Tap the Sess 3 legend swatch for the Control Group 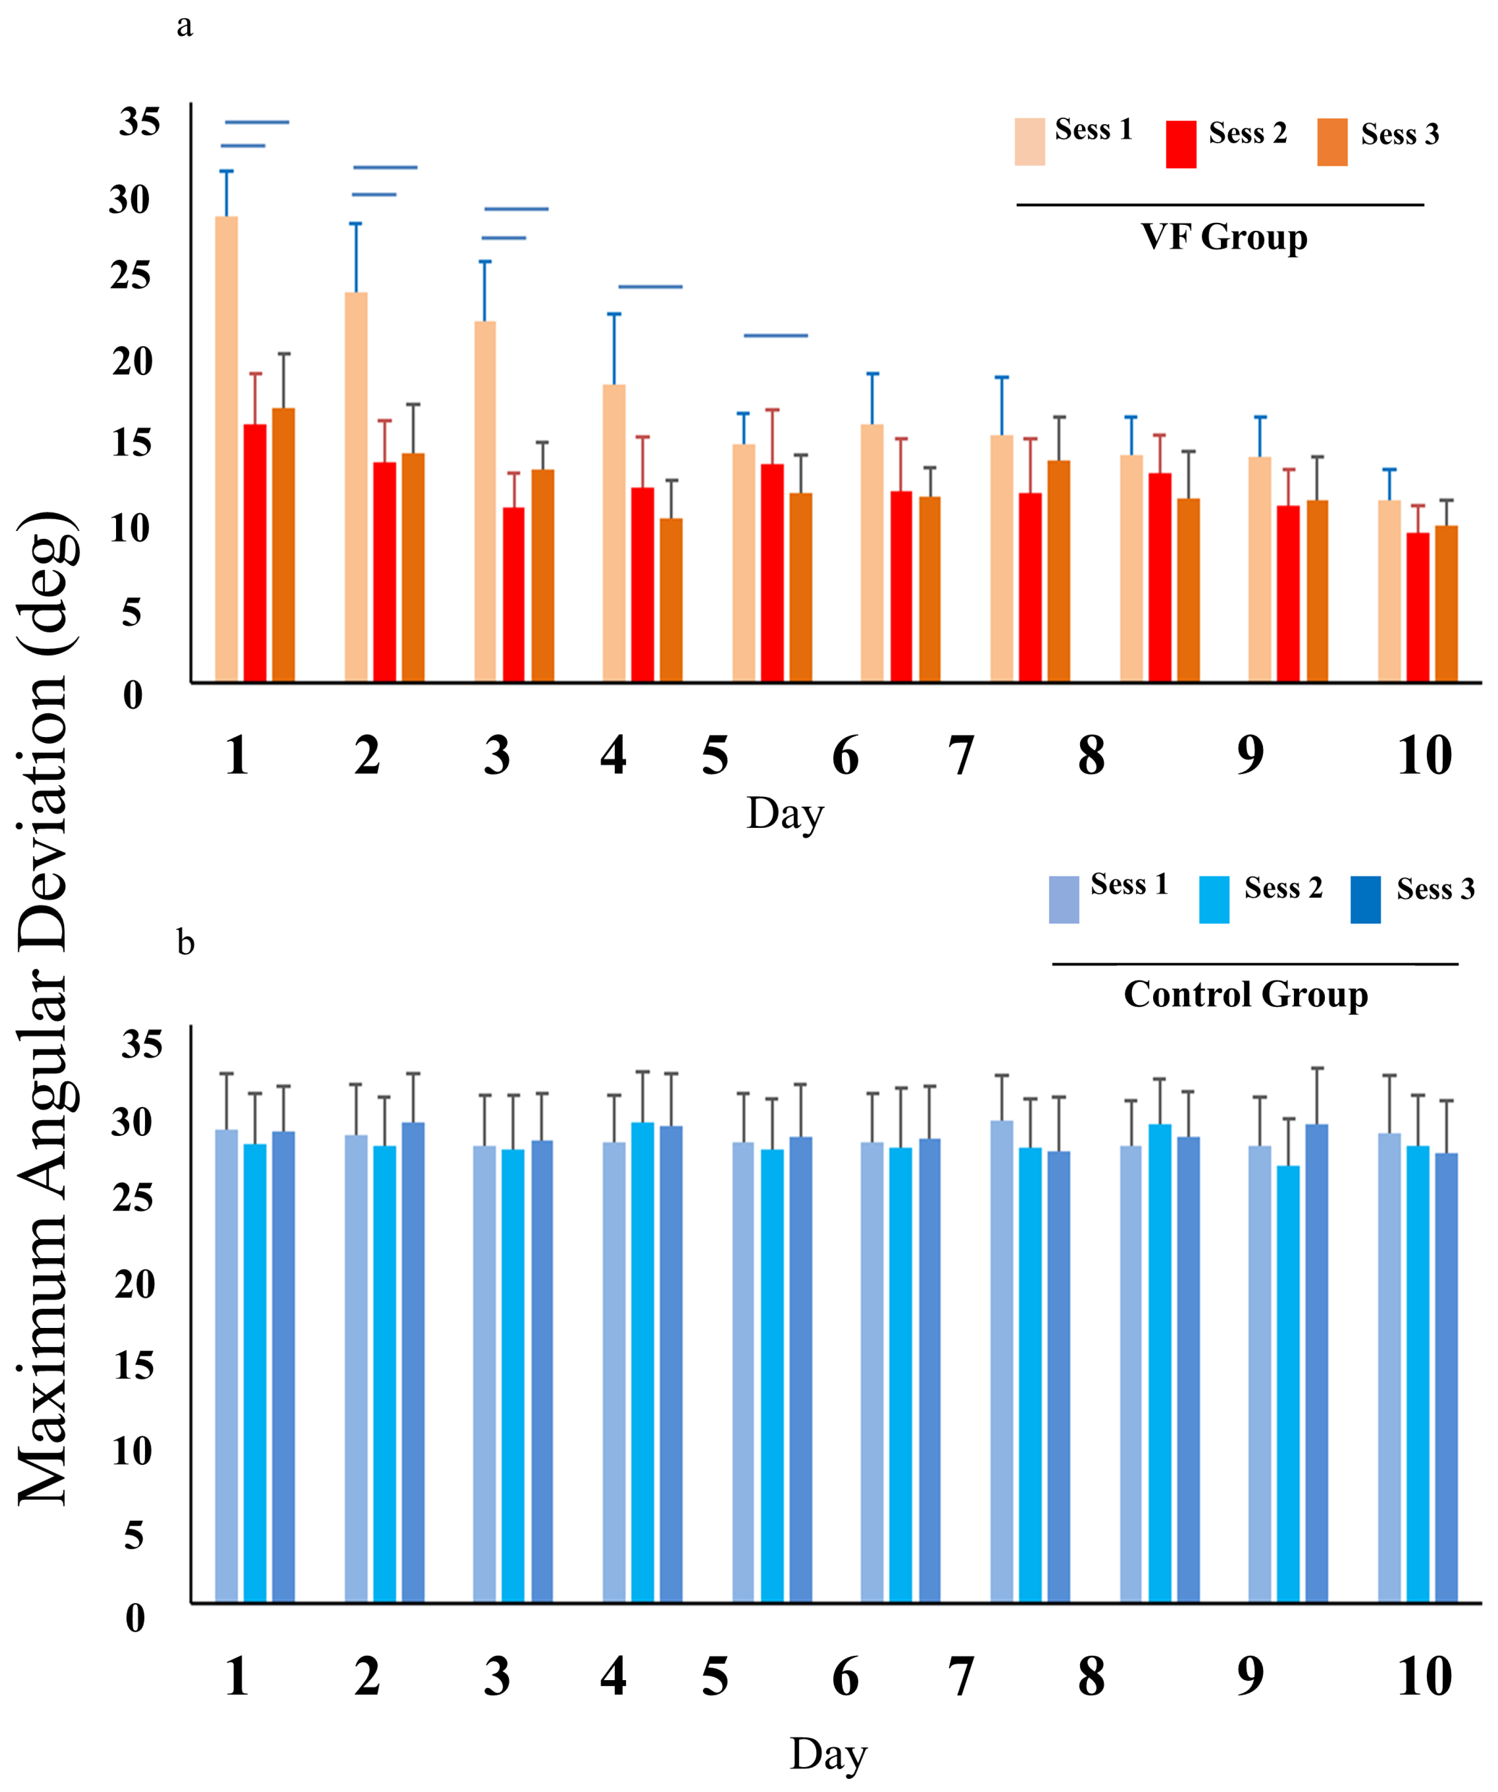(1365, 900)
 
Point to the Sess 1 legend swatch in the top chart (1030, 142)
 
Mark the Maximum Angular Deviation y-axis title (47, 1007)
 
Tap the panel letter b (185, 944)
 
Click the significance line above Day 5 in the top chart (775, 335)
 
